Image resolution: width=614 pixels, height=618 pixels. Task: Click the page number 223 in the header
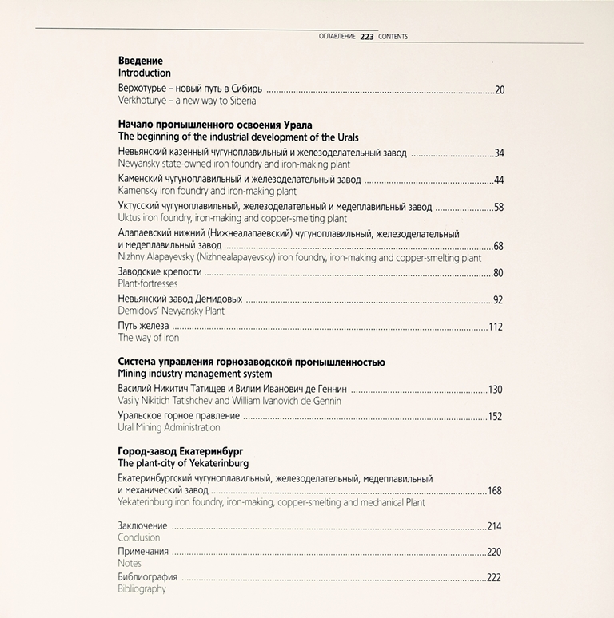(x=367, y=36)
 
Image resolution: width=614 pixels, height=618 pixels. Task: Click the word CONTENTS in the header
(x=393, y=36)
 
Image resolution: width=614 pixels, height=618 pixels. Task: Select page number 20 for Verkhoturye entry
(x=500, y=90)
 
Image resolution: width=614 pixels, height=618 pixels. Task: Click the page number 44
(x=499, y=180)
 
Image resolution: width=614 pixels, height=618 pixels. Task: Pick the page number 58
(x=499, y=208)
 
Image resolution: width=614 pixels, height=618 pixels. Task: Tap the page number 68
(x=499, y=246)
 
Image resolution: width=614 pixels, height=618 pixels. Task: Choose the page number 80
(x=499, y=273)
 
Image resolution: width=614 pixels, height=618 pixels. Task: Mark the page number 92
(x=499, y=300)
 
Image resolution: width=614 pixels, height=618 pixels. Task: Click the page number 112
(x=496, y=327)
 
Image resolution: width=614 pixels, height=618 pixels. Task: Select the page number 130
(x=496, y=390)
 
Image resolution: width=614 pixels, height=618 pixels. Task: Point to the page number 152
(x=496, y=417)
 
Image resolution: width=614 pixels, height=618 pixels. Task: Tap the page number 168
(x=496, y=491)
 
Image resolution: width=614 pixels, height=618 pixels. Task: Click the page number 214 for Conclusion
(x=496, y=527)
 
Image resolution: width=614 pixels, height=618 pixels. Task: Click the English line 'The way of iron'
(x=149, y=338)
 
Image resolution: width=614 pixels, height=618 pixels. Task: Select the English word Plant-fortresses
(x=148, y=283)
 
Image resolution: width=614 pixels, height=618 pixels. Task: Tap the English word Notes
(x=130, y=563)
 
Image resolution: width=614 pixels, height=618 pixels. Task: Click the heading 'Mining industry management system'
(x=195, y=374)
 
